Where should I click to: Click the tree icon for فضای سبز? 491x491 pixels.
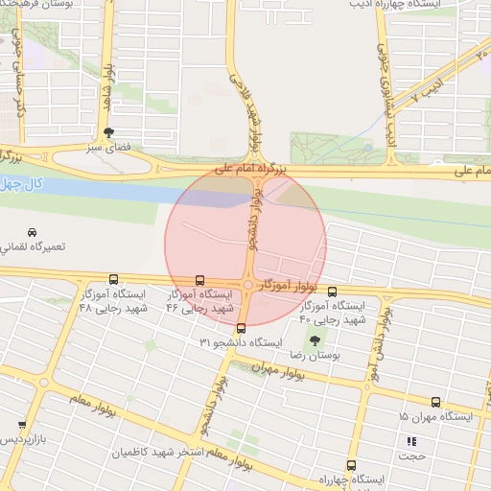click(x=107, y=133)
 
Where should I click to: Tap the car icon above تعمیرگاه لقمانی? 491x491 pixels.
click(x=33, y=233)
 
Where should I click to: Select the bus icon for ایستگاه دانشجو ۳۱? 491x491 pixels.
click(x=240, y=328)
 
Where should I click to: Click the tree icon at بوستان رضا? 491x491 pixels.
click(x=315, y=340)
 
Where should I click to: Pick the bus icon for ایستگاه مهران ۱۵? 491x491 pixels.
click(x=436, y=403)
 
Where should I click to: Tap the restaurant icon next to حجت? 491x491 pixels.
click(x=412, y=442)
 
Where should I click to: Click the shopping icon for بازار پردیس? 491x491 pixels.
click(x=22, y=424)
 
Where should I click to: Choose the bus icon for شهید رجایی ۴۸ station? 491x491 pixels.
click(x=114, y=280)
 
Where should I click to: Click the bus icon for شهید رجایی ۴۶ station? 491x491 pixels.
click(x=199, y=280)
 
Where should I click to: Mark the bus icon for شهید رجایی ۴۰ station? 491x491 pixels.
click(x=332, y=292)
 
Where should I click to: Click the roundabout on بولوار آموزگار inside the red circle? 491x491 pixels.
click(x=248, y=285)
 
